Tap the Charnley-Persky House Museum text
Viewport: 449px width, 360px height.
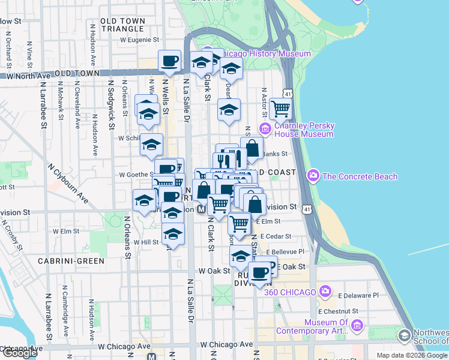tap(304, 130)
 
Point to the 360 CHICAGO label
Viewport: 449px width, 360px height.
tap(294, 292)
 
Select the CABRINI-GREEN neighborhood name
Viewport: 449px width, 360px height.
tap(71, 261)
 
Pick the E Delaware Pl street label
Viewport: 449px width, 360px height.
tap(358, 295)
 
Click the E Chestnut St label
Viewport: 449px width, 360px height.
tap(338, 311)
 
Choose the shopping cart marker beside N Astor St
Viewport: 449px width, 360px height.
tap(280, 109)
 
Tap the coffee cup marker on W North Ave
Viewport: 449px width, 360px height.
tap(169, 61)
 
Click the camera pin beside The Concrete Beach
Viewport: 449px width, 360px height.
tap(313, 176)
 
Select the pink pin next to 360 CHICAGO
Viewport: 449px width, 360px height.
tap(325, 292)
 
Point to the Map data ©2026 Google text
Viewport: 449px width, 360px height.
tap(412, 355)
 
